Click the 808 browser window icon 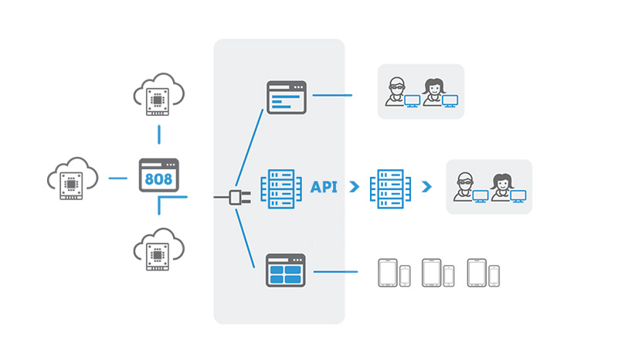pyautogui.click(x=158, y=176)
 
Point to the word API pyautogui.click(x=324, y=187)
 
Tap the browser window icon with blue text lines pyautogui.click(x=287, y=97)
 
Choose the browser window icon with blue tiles pyautogui.click(x=287, y=271)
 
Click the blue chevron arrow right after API pyautogui.click(x=354, y=187)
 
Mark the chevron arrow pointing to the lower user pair pyautogui.click(x=426, y=187)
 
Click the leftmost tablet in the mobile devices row pyautogui.click(x=387, y=273)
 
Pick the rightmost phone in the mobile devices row pyautogui.click(x=494, y=275)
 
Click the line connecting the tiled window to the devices pyautogui.click(x=336, y=272)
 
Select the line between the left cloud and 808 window pyautogui.click(x=117, y=178)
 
